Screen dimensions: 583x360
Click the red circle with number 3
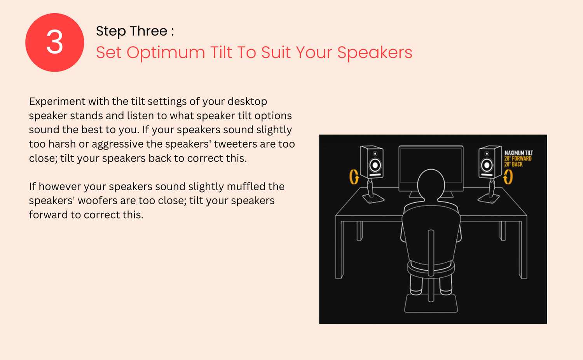[x=55, y=42]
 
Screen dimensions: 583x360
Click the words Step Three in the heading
[x=132, y=31]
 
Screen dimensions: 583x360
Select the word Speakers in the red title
[x=375, y=53]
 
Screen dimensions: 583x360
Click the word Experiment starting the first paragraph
[x=57, y=102]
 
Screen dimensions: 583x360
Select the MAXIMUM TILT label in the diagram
[x=518, y=153]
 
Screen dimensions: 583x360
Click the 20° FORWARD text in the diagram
[x=518, y=158]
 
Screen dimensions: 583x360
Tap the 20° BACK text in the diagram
[x=513, y=164]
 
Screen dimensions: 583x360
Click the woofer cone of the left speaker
[x=375, y=165]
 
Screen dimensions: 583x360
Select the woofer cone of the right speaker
[x=487, y=165]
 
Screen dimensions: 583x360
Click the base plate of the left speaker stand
[x=374, y=199]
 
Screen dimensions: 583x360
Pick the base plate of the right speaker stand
[x=489, y=199]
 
